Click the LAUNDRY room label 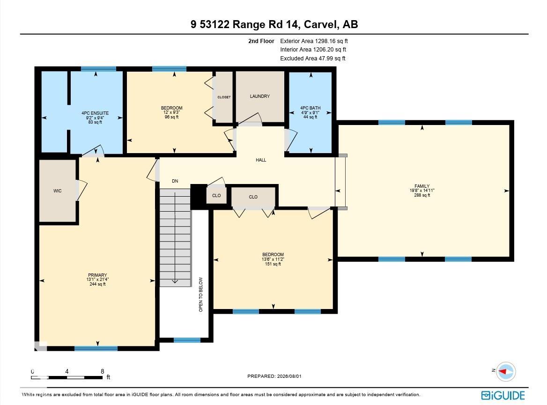(x=260, y=96)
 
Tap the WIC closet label (x=58, y=191)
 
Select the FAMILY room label (x=422, y=186)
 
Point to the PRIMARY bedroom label (x=97, y=275)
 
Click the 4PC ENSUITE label (x=95, y=113)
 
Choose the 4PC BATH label (x=310, y=108)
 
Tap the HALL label (x=261, y=160)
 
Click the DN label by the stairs (x=175, y=181)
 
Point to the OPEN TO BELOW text (x=200, y=295)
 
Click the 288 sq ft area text (x=422, y=195)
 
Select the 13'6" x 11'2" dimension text (x=273, y=259)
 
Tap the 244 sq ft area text (x=97, y=284)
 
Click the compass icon (x=506, y=371)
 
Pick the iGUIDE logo (x=503, y=395)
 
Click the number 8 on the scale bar (x=102, y=371)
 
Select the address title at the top (x=274, y=24)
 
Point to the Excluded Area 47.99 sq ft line (x=312, y=58)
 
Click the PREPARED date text (x=274, y=376)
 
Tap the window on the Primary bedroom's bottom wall (x=96, y=348)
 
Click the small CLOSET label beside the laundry (x=224, y=97)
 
